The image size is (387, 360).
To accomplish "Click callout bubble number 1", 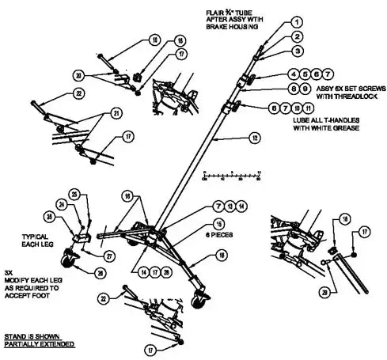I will pyautogui.click(x=295, y=22).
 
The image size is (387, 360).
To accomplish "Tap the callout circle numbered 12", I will pyautogui.click(x=254, y=138).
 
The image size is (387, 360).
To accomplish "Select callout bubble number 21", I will pyautogui.click(x=116, y=114).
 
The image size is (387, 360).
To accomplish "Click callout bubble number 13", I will pyautogui.click(x=230, y=206).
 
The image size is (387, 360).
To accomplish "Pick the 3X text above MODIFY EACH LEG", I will pyautogui.click(x=9, y=269).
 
